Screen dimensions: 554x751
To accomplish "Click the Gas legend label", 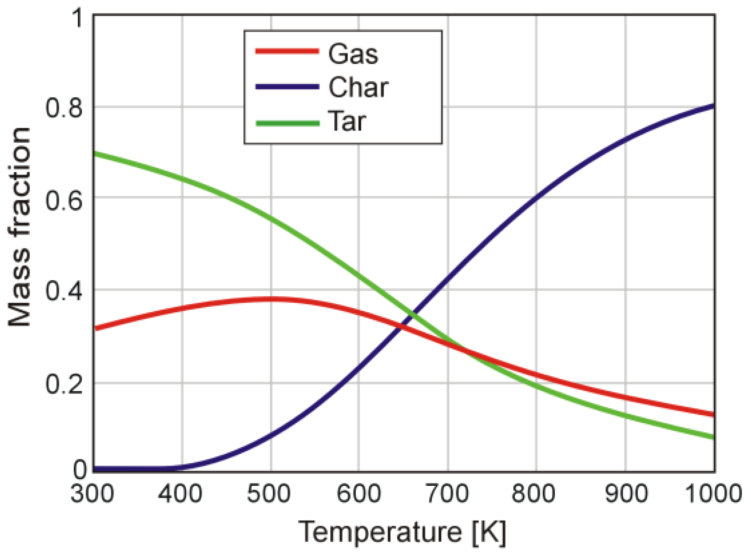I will click(x=353, y=54).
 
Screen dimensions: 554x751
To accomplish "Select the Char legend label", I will click(x=358, y=87).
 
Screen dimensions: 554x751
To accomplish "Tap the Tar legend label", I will click(x=346, y=121).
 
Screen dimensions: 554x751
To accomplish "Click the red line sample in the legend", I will click(x=287, y=51).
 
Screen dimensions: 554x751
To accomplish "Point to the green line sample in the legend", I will click(x=287, y=123).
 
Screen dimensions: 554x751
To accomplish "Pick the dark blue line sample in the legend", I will click(x=287, y=87).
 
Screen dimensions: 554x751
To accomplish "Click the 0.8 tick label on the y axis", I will click(x=63, y=108).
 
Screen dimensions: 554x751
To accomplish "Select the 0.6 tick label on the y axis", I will click(x=63, y=201).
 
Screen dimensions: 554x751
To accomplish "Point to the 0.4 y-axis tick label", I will click(x=63, y=292).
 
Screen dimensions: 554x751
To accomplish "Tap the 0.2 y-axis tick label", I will click(x=63, y=384).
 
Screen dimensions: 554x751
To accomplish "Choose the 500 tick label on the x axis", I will click(x=269, y=494).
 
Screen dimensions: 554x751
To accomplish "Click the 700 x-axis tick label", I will click(x=447, y=494).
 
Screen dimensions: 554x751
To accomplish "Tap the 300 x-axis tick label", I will click(x=92, y=494).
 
